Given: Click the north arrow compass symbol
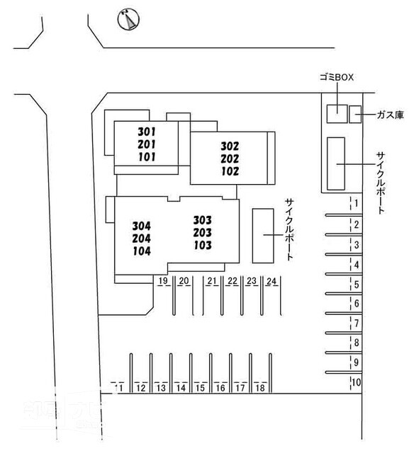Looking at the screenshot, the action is click(x=128, y=19).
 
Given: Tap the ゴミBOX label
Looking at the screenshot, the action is click(x=337, y=77).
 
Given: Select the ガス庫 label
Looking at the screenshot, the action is click(x=390, y=115).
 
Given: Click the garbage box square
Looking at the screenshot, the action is click(x=337, y=114).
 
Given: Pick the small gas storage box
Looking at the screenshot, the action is click(x=355, y=115).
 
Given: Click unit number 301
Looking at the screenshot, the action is click(x=147, y=132).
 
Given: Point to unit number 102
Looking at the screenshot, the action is click(x=230, y=171).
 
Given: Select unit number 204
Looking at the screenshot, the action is click(x=142, y=239).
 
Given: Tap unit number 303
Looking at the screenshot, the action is click(x=203, y=220).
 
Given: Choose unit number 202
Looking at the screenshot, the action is click(x=230, y=159).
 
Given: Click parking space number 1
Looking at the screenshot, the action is click(x=357, y=203).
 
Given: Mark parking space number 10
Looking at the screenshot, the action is click(x=356, y=382).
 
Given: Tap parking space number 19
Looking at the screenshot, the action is click(x=163, y=280).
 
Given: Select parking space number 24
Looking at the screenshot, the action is click(x=272, y=281).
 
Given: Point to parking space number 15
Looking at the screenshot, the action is click(x=200, y=388).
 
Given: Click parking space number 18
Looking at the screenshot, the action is click(x=260, y=388).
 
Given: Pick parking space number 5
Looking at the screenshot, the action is click(x=357, y=285).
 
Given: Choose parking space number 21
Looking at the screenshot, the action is click(x=212, y=281).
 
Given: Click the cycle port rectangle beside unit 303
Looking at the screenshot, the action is click(x=263, y=236).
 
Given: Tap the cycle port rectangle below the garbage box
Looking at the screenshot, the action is click(x=336, y=164).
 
